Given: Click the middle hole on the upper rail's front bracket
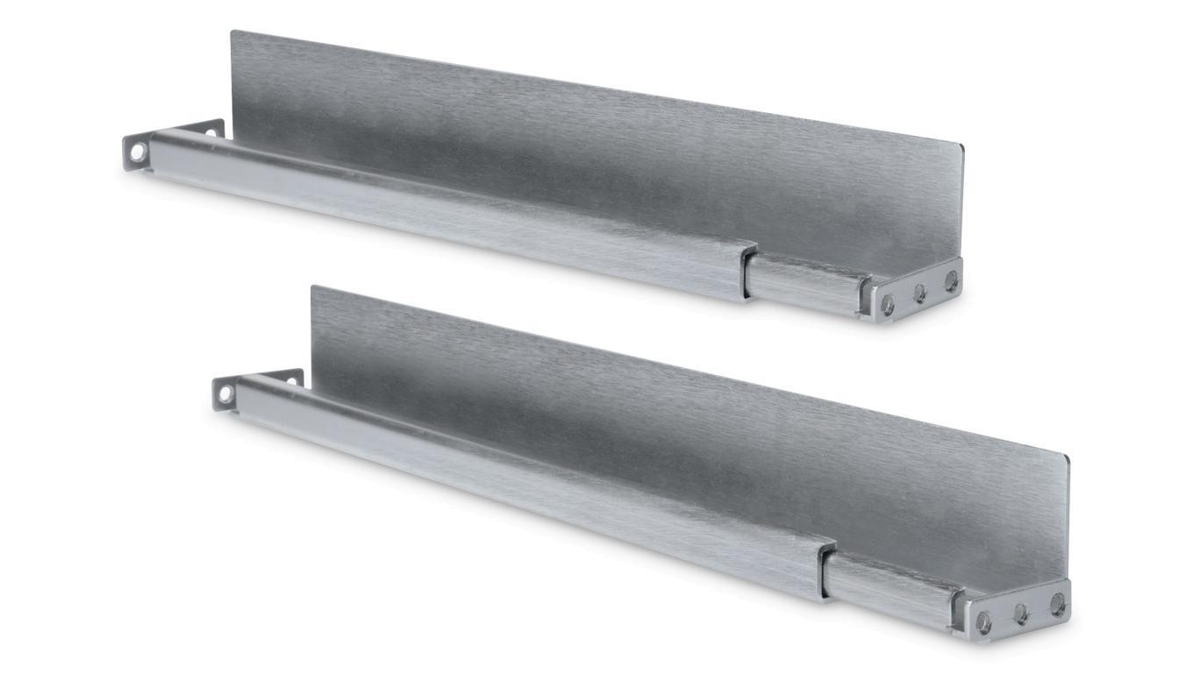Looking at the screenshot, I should [919, 293].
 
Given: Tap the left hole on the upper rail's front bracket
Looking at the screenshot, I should [888, 302].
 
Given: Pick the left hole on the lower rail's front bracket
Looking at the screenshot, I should [984, 621].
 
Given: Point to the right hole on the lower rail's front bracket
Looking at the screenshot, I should [1057, 603].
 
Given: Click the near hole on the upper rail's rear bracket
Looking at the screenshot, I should [138, 152].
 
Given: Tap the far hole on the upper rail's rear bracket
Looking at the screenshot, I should [211, 133].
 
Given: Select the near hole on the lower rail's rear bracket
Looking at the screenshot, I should [226, 393].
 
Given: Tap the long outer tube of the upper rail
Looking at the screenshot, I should [439, 210].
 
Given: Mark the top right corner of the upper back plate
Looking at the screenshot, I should [961, 146].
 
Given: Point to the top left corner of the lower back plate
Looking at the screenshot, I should [313, 287].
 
